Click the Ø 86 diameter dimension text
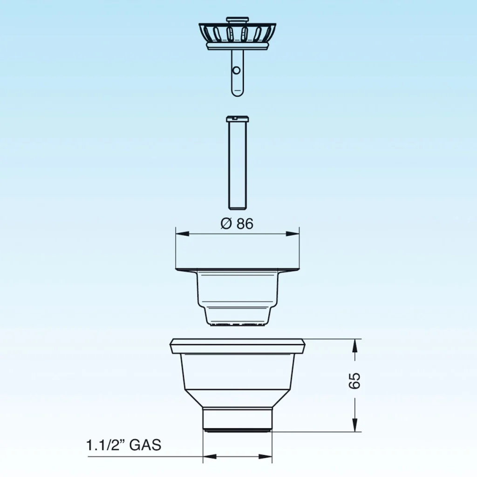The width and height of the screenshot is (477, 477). point(237,224)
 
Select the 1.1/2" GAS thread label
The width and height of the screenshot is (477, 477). point(123,445)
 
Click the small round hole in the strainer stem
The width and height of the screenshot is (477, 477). point(236,71)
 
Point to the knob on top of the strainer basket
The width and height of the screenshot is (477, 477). point(237,20)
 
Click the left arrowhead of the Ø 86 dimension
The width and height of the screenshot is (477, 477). point(182,234)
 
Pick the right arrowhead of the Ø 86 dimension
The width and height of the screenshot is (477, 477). point(293,234)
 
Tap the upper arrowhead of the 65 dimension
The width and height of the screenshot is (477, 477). point(354,346)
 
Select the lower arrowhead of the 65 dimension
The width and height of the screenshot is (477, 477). point(354,425)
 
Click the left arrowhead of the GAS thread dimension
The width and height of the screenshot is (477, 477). point(210,457)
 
